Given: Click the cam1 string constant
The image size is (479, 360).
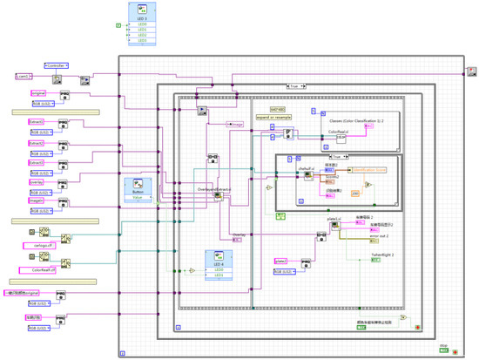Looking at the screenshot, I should (x=24, y=77).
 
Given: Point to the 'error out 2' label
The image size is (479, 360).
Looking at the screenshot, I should (x=358, y=235).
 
